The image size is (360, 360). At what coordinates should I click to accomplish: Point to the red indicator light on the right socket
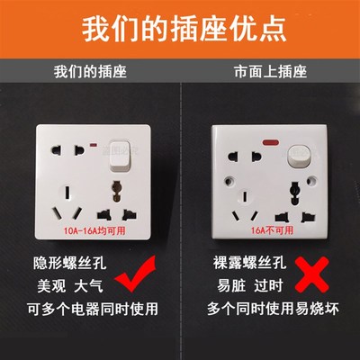tap(268, 145)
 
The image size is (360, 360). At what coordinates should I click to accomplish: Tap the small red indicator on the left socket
tap(94, 144)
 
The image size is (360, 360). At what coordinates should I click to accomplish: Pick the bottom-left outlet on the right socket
tap(238, 209)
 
